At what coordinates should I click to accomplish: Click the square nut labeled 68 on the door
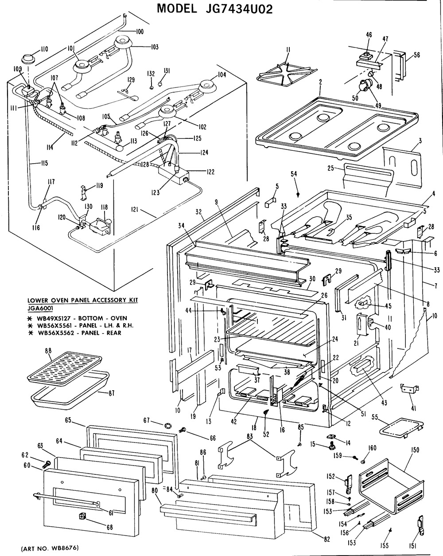pos(82,516)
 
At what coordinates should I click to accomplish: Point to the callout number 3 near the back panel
pos(419,141)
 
